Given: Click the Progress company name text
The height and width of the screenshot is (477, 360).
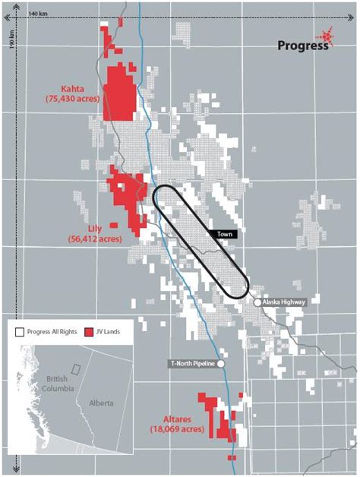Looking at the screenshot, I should click(302, 45).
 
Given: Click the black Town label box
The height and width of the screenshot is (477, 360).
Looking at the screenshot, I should click(223, 235).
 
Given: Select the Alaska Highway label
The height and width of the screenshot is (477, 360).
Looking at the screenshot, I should click(286, 302).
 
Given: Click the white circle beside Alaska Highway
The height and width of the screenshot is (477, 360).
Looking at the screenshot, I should click(257, 302).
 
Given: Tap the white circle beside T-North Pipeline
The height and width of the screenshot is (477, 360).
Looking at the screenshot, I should click(221, 364).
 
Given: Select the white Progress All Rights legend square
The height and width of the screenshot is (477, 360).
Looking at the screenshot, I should click(17, 332).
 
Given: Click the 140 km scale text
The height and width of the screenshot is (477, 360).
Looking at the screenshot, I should click(36, 14).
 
